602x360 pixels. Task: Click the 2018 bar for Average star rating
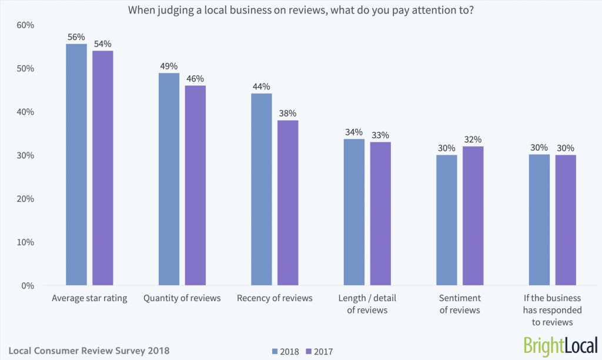tap(76, 165)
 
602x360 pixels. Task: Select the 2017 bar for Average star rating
tap(103, 168)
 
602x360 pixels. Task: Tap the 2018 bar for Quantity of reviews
tap(169, 179)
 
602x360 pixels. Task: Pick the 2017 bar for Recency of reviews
tap(288, 203)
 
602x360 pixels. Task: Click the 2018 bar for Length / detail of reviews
tap(354, 212)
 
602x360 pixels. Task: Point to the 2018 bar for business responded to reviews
tap(539, 220)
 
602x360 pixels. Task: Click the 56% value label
tap(76, 36)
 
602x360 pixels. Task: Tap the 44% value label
tap(262, 86)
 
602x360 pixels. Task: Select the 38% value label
tap(288, 113)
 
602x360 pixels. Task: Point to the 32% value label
tap(473, 139)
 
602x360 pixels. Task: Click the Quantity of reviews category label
tap(182, 298)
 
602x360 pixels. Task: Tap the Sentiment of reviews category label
tap(460, 304)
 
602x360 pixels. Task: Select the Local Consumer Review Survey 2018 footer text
tap(89, 351)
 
